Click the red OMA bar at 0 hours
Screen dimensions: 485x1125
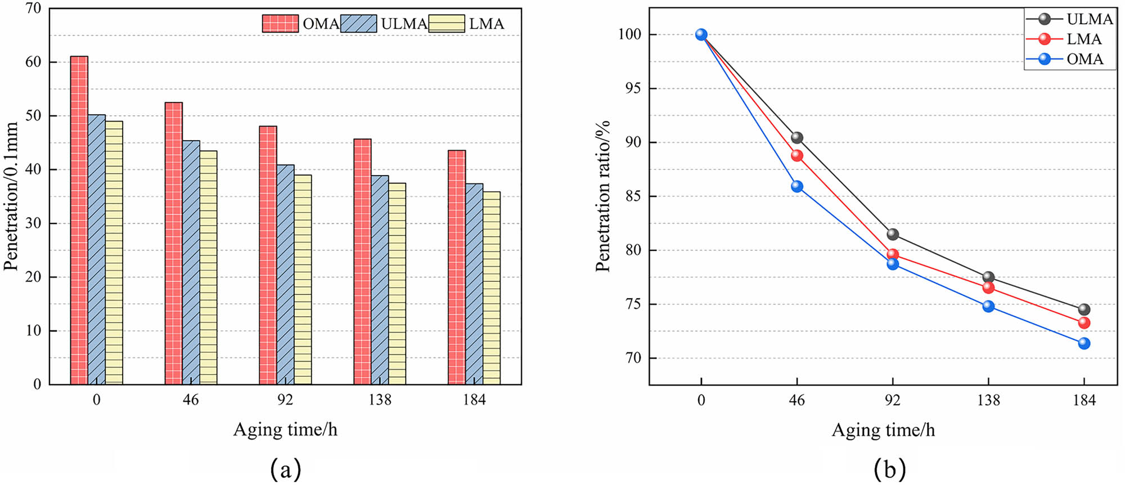(x=79, y=220)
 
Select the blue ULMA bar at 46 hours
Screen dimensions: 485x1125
(x=191, y=262)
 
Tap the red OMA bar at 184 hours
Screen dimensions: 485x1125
(x=457, y=267)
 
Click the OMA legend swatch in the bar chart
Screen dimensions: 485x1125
(x=280, y=24)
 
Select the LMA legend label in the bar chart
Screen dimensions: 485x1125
(x=487, y=24)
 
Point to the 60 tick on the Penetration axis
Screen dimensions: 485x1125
(x=33, y=62)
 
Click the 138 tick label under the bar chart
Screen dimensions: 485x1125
(x=380, y=400)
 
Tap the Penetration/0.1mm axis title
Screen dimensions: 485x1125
(x=12, y=196)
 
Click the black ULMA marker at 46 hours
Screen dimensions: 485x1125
(x=797, y=138)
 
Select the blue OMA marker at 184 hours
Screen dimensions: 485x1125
(x=1084, y=343)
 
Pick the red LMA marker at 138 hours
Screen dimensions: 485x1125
(x=988, y=288)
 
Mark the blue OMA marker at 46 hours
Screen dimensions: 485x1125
(x=797, y=186)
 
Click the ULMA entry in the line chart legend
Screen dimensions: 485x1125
(x=1089, y=19)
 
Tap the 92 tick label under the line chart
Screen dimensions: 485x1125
(x=893, y=401)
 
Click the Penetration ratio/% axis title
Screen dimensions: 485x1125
(x=602, y=196)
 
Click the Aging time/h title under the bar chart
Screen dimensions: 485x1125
(x=285, y=430)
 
